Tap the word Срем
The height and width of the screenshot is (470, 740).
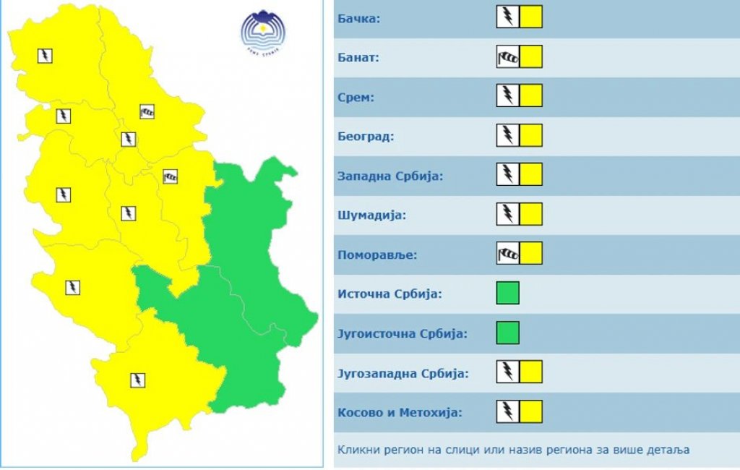pos(356,96)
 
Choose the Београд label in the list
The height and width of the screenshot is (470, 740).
pos(366,136)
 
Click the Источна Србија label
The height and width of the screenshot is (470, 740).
pos(390,294)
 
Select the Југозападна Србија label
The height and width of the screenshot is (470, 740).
pos(403,373)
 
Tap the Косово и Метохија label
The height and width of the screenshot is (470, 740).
pos(400,413)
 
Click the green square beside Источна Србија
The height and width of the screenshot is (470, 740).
pos(508,293)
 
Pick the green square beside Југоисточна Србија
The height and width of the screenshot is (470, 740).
pos(508,333)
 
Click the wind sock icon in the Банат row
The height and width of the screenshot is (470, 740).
pos(508,56)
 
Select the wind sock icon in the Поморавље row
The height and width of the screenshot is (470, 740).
pos(508,254)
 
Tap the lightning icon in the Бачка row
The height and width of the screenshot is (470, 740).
pos(508,17)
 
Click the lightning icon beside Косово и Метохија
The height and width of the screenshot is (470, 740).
pos(508,412)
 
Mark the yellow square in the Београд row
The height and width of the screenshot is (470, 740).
pos(531,135)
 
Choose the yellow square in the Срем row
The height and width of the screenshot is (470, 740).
pos(531,95)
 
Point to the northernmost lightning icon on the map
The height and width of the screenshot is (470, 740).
pos(45,55)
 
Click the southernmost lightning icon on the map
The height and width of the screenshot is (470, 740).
pos(137,379)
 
